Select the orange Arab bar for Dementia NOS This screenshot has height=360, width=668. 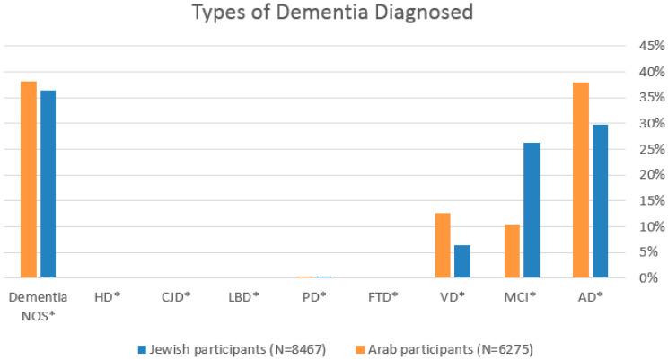click(29, 180)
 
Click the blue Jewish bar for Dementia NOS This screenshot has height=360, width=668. click(48, 184)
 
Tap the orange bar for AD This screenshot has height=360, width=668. click(580, 180)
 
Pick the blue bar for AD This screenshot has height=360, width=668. click(600, 201)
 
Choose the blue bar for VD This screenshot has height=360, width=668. click(462, 261)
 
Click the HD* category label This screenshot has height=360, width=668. click(108, 295)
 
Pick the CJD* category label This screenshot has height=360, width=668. click(176, 295)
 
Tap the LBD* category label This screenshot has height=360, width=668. click(244, 295)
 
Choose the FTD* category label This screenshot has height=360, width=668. click(383, 295)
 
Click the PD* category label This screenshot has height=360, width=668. click(313, 295)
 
